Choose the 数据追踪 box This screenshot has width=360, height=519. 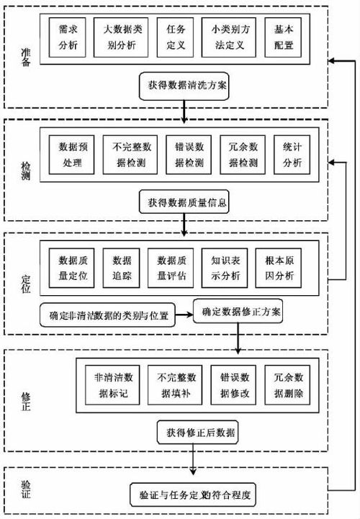[122, 267]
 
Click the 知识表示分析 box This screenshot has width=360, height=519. [225, 267]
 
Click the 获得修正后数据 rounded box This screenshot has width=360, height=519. [195, 433]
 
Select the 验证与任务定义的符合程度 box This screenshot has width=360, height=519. [195, 496]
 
